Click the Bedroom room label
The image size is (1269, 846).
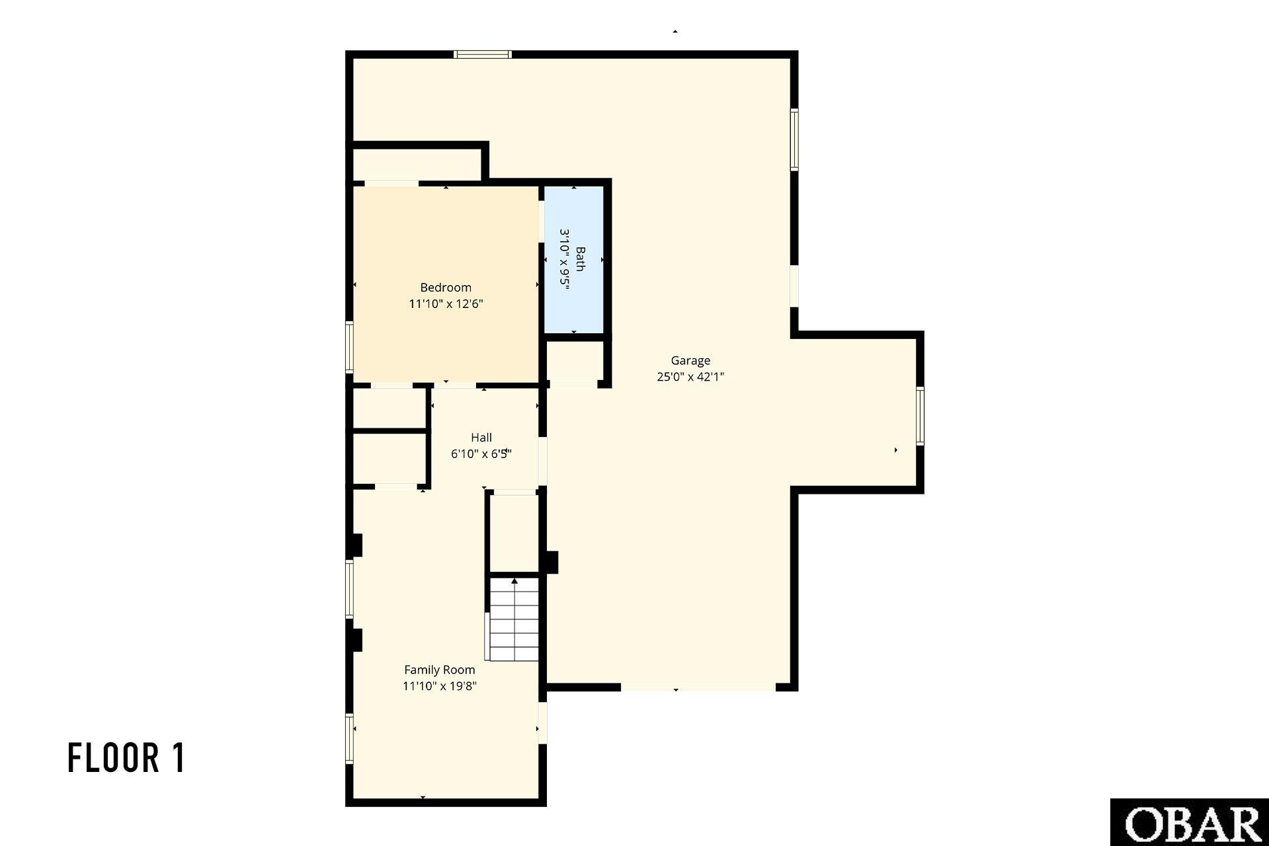(x=446, y=288)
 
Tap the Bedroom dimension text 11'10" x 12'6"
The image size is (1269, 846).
(x=446, y=304)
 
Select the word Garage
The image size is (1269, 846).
(x=690, y=361)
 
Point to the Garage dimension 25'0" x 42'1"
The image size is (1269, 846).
(x=690, y=377)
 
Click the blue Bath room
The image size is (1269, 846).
(x=574, y=260)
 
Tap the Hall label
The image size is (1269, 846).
(x=481, y=438)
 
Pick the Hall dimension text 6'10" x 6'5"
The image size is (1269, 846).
(x=481, y=454)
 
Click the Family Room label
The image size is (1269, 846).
(x=440, y=670)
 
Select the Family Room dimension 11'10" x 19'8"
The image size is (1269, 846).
(x=440, y=686)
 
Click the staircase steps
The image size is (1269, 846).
(x=514, y=619)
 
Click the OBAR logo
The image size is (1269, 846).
(x=1190, y=822)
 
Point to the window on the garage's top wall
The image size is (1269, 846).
(x=483, y=54)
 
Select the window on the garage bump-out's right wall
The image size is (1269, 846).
(x=920, y=416)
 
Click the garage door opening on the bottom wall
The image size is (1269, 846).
(x=698, y=687)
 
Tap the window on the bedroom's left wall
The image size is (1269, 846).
(x=350, y=347)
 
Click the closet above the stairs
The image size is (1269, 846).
(x=514, y=533)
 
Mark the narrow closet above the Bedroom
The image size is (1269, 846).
(x=417, y=164)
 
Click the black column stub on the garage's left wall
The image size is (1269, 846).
(x=551, y=562)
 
